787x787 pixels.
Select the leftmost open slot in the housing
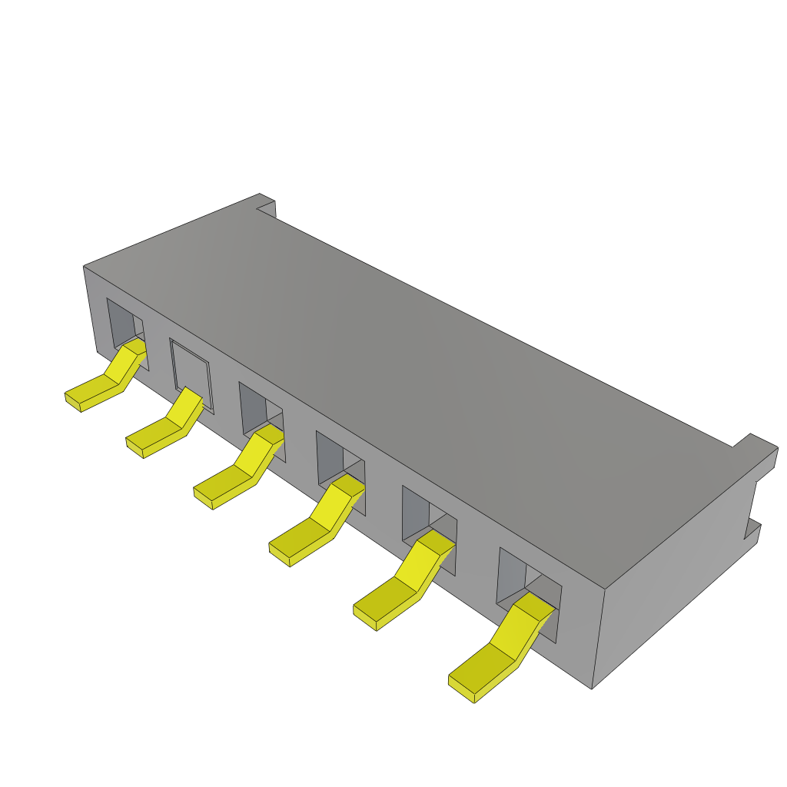123,323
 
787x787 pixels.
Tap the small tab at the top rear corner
266,204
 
